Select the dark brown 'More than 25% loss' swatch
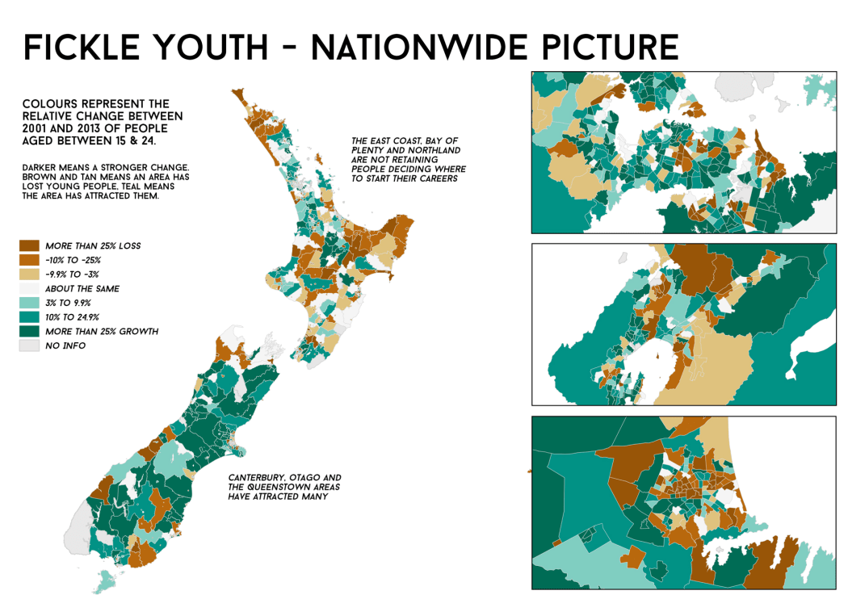(29, 245)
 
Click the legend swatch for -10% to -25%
(29, 260)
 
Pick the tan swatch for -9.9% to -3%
(29, 274)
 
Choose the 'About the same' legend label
(82, 289)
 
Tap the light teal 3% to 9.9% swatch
(29, 304)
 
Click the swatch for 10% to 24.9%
(29, 317)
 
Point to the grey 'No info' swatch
(29, 346)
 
